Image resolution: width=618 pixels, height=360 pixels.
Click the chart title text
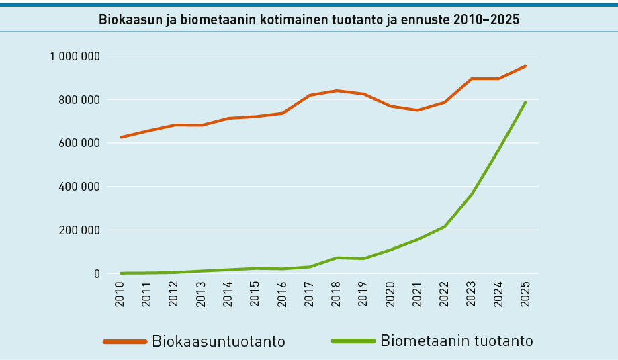tap(309, 19)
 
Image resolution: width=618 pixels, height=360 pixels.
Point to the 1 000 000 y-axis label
tap(75, 56)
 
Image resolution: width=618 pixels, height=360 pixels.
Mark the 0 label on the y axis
tap(97, 274)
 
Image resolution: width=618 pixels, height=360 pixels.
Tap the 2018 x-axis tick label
tap(337, 294)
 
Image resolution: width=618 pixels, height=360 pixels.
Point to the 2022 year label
tap(445, 294)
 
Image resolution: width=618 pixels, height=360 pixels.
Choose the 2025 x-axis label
tap(525, 294)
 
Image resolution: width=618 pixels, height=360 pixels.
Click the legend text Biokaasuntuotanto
tap(218, 341)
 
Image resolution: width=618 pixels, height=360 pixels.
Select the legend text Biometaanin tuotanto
tap(457, 341)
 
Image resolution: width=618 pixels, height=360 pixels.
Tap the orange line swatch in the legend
tap(125, 341)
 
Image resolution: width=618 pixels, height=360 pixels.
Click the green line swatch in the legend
tap(353, 341)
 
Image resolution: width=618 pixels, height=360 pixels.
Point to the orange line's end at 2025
tap(525, 66)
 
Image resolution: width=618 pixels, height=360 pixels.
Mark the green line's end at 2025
tap(525, 103)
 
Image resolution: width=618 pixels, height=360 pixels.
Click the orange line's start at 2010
tap(121, 137)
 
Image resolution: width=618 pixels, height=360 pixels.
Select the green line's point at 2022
tap(445, 226)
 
